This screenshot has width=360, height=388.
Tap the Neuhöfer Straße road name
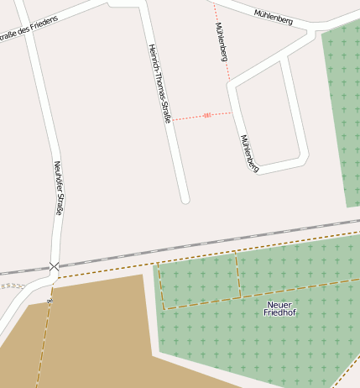coord(58,188)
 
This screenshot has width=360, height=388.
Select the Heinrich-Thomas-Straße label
coord(159,84)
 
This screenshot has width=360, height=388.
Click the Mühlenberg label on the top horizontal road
coord(274,17)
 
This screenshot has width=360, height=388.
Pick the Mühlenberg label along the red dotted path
coord(221,43)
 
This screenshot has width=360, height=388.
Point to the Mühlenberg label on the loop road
coord(249,154)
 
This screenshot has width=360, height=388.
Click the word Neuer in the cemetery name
coord(279,304)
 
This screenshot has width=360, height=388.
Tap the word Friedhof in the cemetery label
coord(279,313)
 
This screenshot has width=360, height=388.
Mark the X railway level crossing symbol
coord(55,267)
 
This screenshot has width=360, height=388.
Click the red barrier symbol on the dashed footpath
coord(206,115)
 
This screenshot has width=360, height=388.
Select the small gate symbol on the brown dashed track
coord(50,300)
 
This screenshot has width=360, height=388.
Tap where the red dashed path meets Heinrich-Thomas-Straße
coord(172,120)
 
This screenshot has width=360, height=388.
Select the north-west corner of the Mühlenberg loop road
coord(231,84)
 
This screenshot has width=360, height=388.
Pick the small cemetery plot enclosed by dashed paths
coord(199,281)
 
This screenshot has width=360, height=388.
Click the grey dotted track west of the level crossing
coord(13,286)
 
